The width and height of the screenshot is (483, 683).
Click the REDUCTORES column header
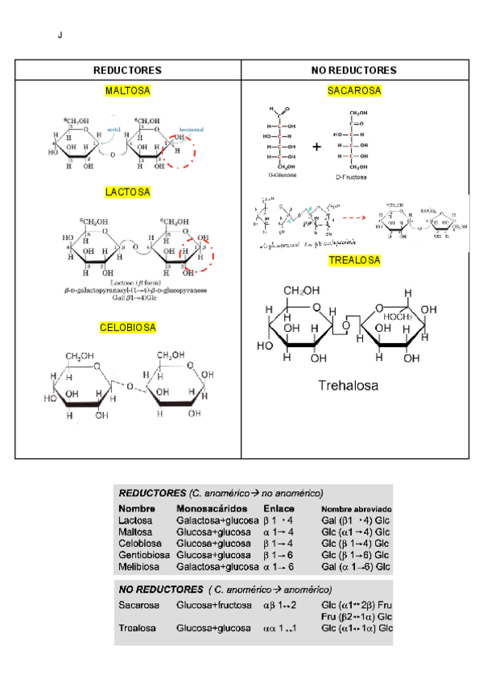tap(127, 71)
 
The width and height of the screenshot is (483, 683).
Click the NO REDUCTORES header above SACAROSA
tap(354, 71)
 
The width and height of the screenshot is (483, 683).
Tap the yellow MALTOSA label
tap(128, 91)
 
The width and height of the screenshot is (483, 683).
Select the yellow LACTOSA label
tap(128, 192)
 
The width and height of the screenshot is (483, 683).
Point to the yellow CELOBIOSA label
tap(128, 328)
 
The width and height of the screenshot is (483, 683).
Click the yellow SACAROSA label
tap(354, 91)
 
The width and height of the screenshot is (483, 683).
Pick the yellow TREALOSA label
tap(354, 260)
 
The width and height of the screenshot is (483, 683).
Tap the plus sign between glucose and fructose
tap(316, 147)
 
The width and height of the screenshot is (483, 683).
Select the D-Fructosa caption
tap(351, 176)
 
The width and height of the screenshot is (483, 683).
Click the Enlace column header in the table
tap(279, 509)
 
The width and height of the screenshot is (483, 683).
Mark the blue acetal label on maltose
tap(114, 129)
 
